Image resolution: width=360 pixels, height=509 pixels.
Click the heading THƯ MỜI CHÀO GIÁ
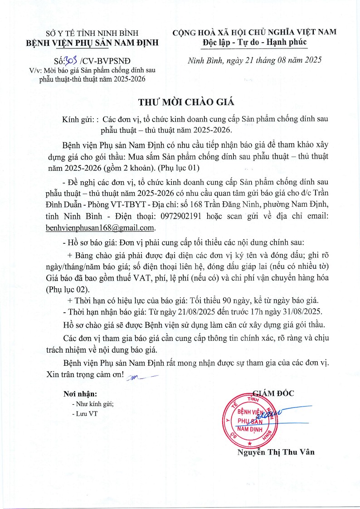pyautogui.click(x=180, y=101)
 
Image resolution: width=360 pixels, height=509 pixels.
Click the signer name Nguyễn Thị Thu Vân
pyautogui.click(x=276, y=452)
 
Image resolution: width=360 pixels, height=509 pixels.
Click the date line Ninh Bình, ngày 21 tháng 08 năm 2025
pyautogui.click(x=254, y=60)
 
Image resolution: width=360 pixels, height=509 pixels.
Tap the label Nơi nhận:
pyautogui.click(x=80, y=394)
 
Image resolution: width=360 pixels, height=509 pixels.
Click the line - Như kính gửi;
pyautogui.click(x=92, y=404)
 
